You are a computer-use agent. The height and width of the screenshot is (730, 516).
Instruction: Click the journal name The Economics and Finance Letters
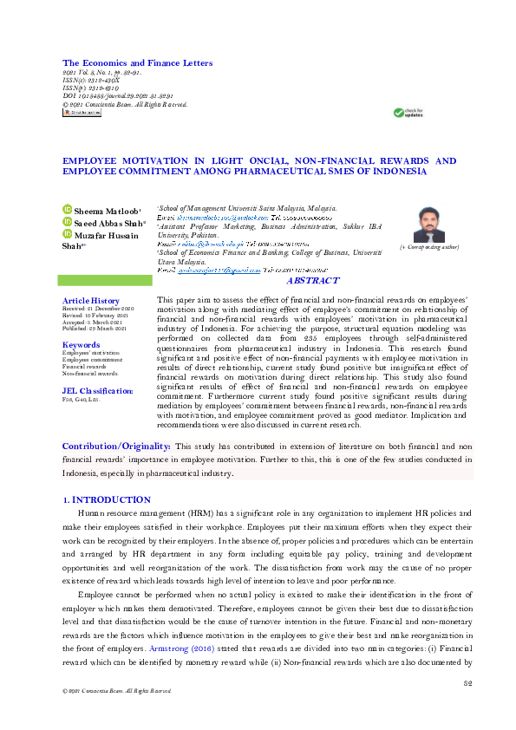[x=137, y=63]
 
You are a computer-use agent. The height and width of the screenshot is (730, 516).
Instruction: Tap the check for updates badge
[x=408, y=113]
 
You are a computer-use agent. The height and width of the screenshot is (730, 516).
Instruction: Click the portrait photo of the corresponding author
[x=428, y=225]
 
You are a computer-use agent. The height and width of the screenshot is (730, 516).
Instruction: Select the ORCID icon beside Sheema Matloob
[x=68, y=210]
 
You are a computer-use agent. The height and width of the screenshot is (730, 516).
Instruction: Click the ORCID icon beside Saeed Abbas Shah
[x=68, y=222]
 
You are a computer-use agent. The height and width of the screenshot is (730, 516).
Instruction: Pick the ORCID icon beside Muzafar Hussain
[x=68, y=234]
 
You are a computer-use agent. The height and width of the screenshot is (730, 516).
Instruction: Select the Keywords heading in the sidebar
[x=81, y=345]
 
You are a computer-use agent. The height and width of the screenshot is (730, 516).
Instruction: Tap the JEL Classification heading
[x=97, y=391]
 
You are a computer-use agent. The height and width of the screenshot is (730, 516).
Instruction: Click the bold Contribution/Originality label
[x=115, y=446]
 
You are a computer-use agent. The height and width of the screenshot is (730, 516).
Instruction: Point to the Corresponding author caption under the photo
[x=428, y=248]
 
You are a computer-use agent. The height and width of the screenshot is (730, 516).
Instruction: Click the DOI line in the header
[x=119, y=96]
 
